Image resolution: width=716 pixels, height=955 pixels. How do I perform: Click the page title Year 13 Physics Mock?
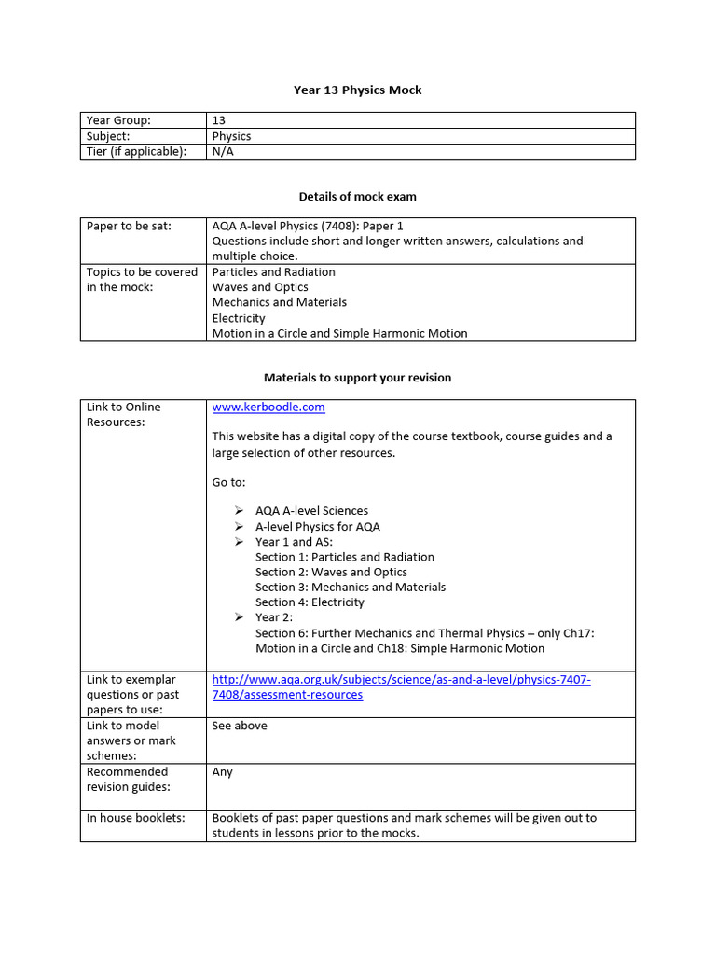[357, 90]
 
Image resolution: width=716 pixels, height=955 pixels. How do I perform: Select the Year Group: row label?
[118, 120]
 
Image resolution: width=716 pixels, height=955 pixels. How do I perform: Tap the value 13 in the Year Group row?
[219, 120]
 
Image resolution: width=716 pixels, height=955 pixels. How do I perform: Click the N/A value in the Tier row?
[223, 151]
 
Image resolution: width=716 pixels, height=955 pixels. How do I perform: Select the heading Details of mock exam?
[357, 197]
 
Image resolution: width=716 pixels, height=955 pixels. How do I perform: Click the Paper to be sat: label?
[129, 226]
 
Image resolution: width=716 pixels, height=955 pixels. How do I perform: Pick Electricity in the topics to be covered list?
[239, 318]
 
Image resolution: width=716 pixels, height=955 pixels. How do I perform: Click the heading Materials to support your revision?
[357, 378]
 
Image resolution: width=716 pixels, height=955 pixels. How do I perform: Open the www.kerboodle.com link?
[268, 408]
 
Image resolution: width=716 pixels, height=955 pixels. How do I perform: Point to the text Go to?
[229, 482]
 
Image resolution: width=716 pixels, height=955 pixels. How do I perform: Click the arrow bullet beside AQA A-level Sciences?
[239, 511]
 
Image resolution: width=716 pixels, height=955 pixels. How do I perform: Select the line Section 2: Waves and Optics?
[331, 572]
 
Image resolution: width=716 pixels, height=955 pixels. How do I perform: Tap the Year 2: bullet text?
[274, 617]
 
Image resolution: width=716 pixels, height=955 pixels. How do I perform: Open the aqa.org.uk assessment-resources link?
[401, 687]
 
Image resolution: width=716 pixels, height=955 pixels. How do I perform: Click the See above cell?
[240, 726]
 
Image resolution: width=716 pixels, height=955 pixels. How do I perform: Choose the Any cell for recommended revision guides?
[223, 772]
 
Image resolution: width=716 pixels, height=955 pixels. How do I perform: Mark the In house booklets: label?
[135, 818]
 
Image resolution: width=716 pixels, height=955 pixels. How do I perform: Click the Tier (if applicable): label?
[136, 151]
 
